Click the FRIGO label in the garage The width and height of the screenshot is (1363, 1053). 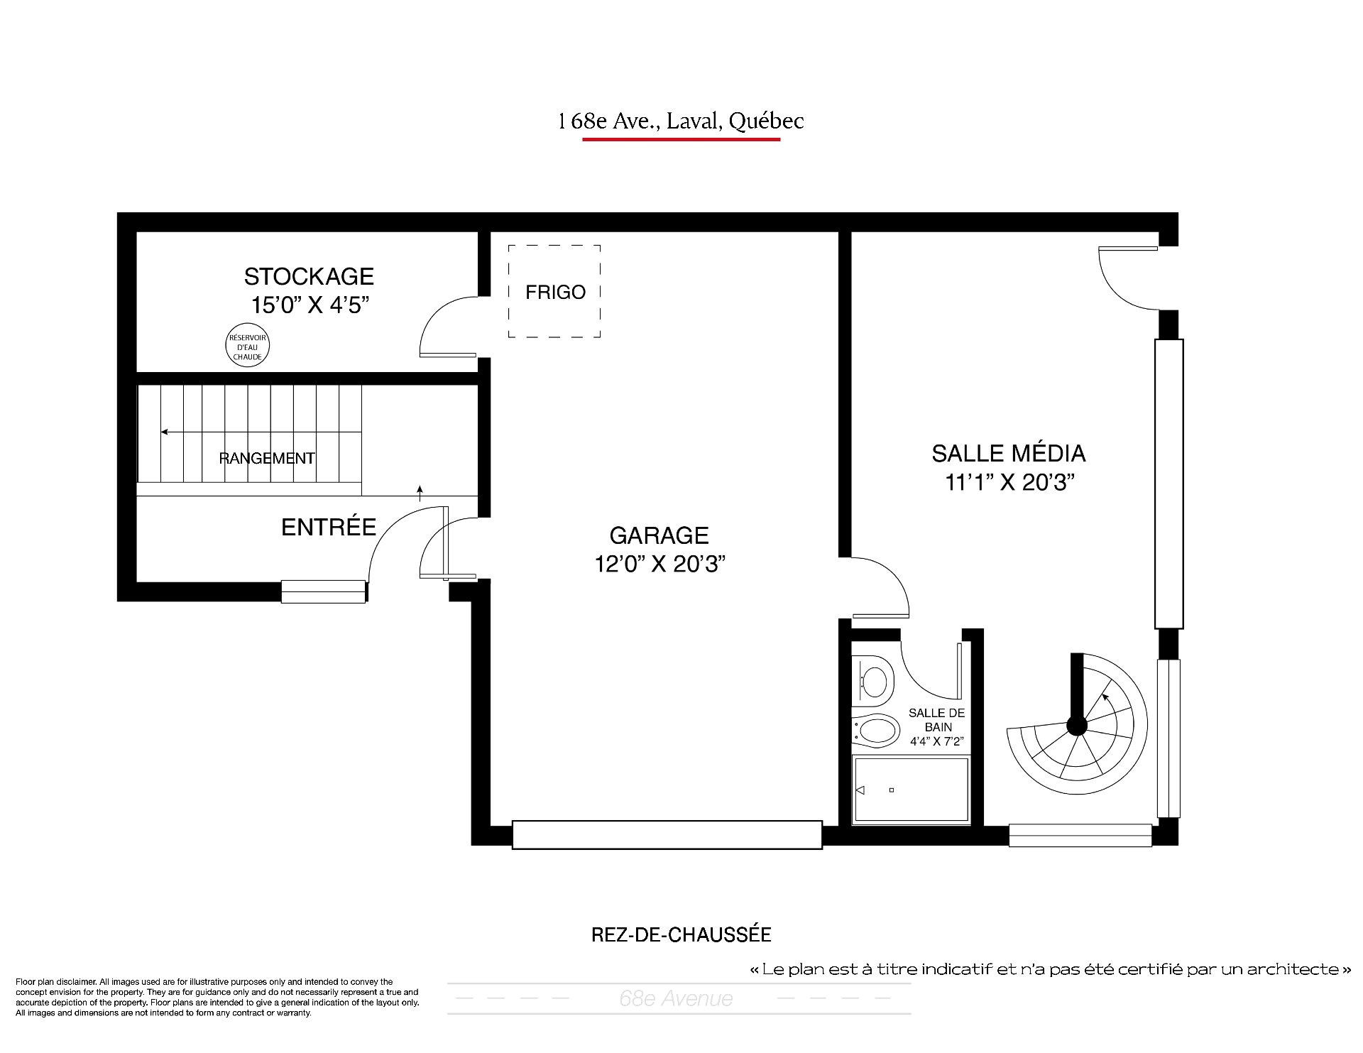555,292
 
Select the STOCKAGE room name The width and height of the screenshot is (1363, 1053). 309,276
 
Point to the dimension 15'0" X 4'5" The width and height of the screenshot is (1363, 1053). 310,305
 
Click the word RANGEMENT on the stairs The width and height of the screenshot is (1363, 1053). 267,458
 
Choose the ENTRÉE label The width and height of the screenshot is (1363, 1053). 329,527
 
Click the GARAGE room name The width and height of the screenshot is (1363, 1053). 659,535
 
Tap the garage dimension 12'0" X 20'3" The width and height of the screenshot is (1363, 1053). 659,564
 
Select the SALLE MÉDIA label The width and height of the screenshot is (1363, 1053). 1008,453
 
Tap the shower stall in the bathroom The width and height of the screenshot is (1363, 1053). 911,791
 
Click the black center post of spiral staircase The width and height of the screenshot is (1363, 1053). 1077,726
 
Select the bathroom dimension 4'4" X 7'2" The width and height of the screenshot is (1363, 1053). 936,741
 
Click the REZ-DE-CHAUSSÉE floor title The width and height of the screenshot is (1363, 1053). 681,934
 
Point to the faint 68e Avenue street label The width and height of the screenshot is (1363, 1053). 676,999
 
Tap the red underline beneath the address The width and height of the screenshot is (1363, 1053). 681,139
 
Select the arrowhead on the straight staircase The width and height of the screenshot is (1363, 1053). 165,432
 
